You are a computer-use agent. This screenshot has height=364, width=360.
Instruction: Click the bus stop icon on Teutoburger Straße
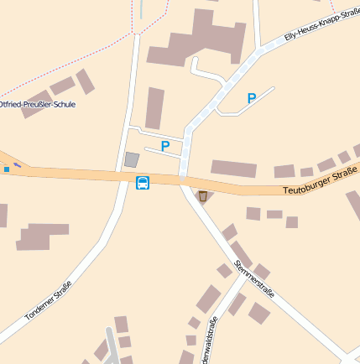point(143,183)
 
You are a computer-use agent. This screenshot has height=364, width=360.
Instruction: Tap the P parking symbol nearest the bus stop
point(165,147)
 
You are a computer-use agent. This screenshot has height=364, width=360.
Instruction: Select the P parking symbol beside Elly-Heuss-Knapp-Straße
point(251,98)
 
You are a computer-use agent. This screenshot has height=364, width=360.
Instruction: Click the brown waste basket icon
point(202,196)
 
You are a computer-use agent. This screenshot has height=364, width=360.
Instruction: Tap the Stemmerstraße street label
point(254,279)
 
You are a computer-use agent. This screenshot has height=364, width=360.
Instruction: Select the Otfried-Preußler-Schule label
point(37,105)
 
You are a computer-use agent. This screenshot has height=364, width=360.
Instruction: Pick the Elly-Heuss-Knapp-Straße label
point(321,25)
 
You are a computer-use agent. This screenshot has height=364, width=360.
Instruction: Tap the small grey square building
point(132,159)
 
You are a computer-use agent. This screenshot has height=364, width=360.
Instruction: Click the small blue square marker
point(7,169)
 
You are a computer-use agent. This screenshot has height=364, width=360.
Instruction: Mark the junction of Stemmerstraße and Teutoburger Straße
point(182,180)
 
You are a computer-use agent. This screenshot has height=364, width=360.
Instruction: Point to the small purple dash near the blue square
point(18,164)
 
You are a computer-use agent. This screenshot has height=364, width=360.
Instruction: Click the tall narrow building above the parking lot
point(154,108)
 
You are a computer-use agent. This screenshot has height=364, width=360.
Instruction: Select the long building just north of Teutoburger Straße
point(233,168)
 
